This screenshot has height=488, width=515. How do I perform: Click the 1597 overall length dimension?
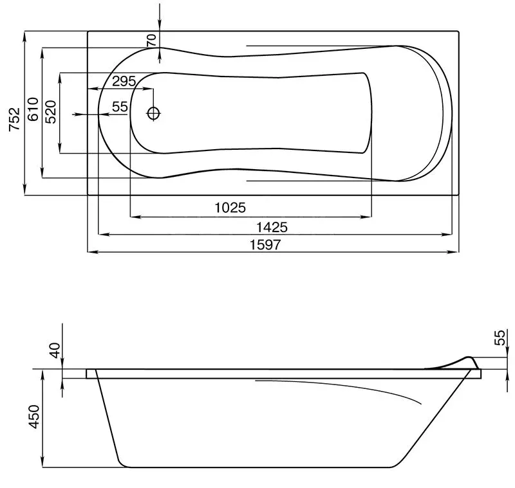[265, 245]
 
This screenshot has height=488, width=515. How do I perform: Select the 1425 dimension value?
[272, 227]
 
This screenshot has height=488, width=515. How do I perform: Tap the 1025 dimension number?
[230, 208]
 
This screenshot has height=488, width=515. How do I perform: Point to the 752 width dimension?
[14, 119]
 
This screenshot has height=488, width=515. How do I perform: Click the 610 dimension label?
[33, 109]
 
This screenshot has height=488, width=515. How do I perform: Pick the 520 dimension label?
[51, 112]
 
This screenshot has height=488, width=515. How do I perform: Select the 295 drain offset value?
[124, 81]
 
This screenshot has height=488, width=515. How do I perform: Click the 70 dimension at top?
[151, 40]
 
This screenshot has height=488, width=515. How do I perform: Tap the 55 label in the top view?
[120, 107]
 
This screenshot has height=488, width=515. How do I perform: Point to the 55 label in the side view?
[499, 338]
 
